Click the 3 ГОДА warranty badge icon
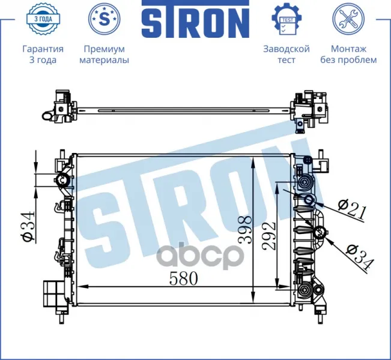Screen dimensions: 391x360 (43, 19)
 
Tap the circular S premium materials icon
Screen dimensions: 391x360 (105, 19)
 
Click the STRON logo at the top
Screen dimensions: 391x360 (196, 19)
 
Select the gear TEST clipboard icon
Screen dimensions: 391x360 (286, 19)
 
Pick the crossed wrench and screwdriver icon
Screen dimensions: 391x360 (348, 19)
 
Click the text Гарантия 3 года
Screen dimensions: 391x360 (43, 55)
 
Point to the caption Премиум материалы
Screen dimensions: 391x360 (105, 55)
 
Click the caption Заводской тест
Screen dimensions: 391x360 (286, 55)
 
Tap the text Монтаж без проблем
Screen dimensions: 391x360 (348, 55)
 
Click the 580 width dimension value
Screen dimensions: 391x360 (184, 278)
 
